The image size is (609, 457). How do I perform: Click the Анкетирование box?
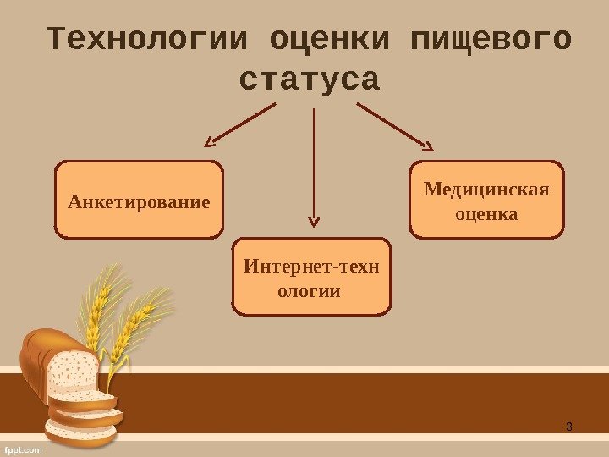click(140, 200)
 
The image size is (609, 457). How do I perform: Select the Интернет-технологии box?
click(312, 278)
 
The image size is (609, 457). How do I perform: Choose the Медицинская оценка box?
click(486, 200)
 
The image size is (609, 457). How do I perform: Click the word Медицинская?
click(486, 188)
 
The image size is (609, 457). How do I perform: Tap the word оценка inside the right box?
click(486, 213)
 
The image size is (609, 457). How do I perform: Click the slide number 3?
click(569, 425)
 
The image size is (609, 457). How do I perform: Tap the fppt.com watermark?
click(23, 450)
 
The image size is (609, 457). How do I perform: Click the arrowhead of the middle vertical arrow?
click(314, 222)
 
